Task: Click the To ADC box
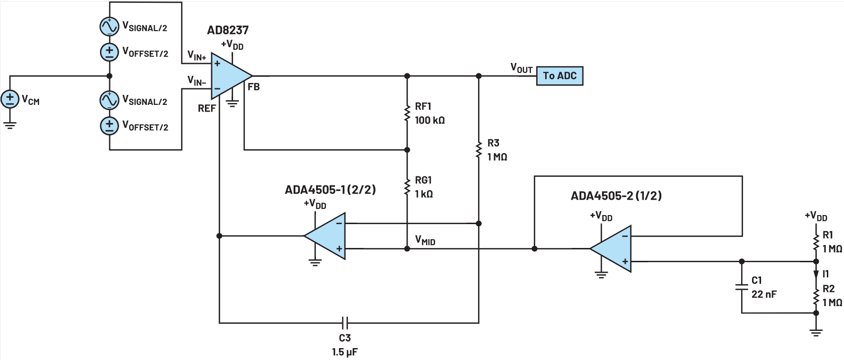tap(559, 76)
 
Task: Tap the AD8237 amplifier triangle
tap(230, 76)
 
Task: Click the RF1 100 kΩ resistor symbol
tap(407, 113)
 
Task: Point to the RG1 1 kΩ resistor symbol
tap(407, 187)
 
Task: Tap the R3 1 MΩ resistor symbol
tap(479, 150)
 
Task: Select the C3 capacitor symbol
tap(346, 323)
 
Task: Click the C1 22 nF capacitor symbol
tap(742, 287)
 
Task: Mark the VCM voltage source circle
tap(10, 100)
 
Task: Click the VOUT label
tap(521, 68)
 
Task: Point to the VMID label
tap(425, 240)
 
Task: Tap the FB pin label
tap(254, 87)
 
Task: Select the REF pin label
tap(207, 109)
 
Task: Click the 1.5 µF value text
tap(345, 352)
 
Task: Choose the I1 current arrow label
tap(825, 274)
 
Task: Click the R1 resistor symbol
tap(816, 242)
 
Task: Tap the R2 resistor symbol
tap(816, 296)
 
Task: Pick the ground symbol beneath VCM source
tap(10, 125)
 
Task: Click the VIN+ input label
tap(196, 55)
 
